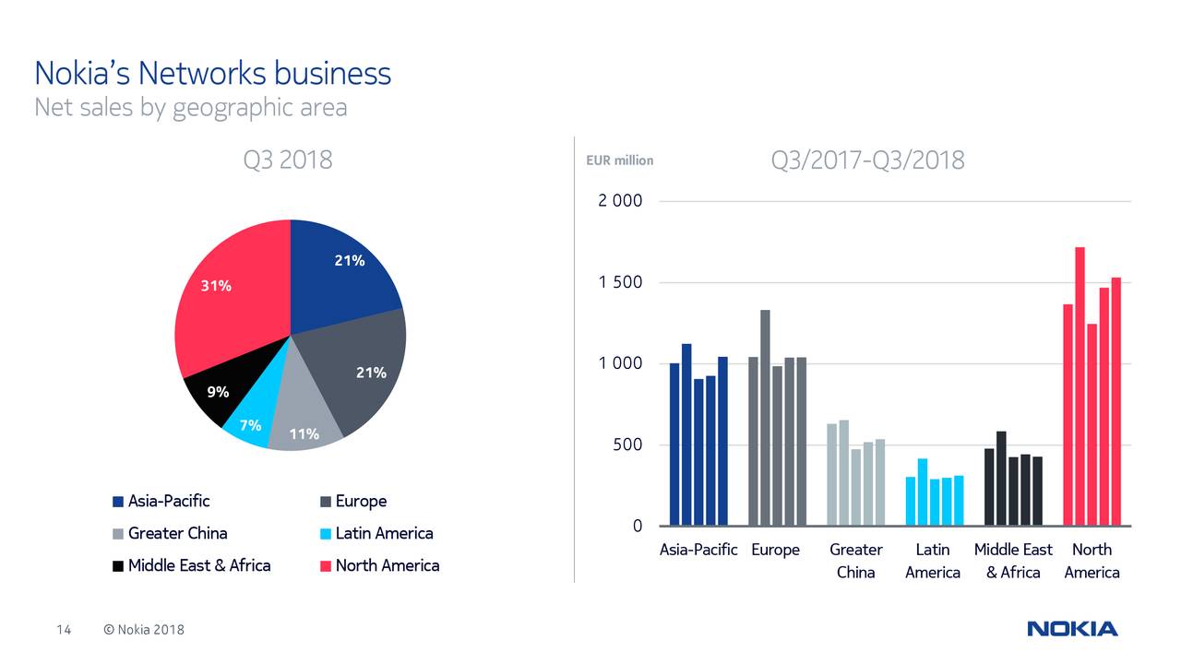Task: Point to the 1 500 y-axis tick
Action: (620, 282)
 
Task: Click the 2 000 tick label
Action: (620, 201)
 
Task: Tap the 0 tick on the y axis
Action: (637, 526)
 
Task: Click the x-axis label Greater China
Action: (855, 561)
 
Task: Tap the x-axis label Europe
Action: (775, 550)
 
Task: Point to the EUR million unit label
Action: (619, 160)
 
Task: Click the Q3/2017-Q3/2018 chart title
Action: (867, 160)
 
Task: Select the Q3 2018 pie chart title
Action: (287, 160)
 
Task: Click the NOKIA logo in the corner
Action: (1072, 629)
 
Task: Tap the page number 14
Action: (64, 630)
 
